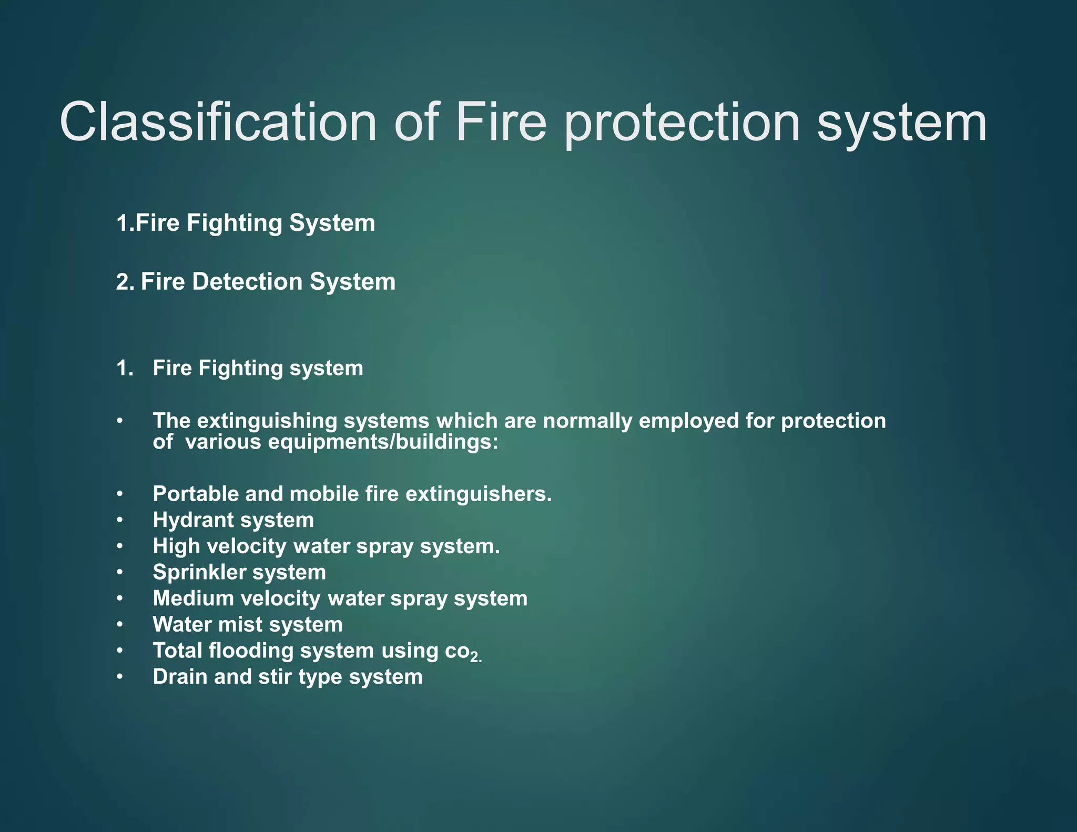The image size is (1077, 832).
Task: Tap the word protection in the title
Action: point(682,124)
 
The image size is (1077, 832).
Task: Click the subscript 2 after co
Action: point(475,657)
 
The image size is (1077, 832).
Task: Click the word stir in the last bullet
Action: point(275,677)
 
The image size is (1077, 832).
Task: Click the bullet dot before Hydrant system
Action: point(120,520)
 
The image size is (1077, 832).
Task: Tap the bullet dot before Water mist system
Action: point(120,625)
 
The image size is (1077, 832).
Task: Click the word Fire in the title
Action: point(501,122)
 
